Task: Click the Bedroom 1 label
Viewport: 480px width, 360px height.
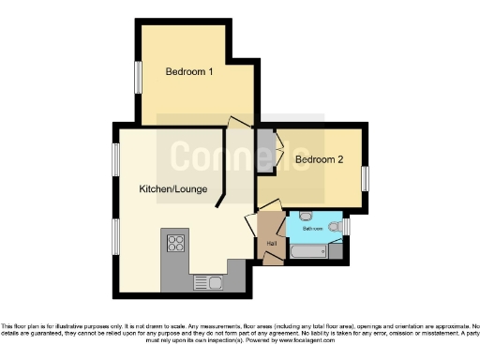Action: coord(189,72)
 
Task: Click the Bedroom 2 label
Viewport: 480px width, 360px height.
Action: coord(319,159)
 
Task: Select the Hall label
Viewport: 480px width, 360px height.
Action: coord(272,244)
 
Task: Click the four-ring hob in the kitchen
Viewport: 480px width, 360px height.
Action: coord(175,244)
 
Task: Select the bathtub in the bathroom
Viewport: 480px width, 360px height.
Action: coord(306,251)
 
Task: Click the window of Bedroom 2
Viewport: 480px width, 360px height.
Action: coord(366,178)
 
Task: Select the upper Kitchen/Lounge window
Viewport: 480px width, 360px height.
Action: coord(117,159)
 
